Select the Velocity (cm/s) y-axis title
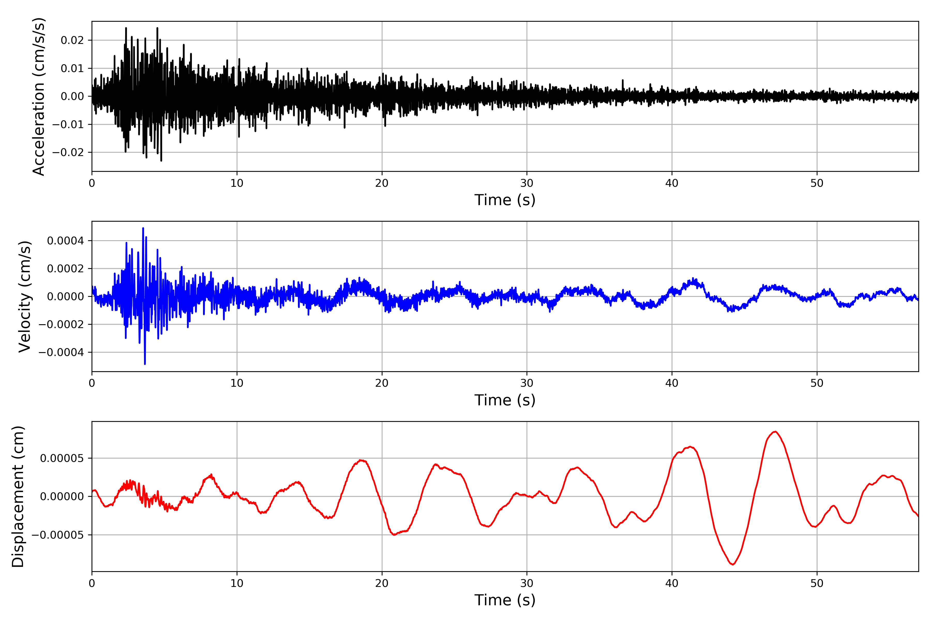[x=25, y=297]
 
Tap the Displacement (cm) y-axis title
[x=18, y=497]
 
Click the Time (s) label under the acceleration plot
[x=505, y=200]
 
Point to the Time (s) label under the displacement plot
[x=505, y=600]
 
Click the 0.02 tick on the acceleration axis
[x=72, y=40]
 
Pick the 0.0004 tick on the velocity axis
[x=65, y=241]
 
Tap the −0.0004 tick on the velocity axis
[x=61, y=352]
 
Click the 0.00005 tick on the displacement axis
[x=62, y=458]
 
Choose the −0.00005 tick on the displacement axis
[x=58, y=535]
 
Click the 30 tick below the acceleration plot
[x=527, y=183]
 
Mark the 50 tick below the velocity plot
[x=817, y=383]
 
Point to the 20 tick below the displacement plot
[x=382, y=583]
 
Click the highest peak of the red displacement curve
[x=775, y=431]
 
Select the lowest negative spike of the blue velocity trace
[x=145, y=364]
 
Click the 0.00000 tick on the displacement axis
[x=62, y=497]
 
